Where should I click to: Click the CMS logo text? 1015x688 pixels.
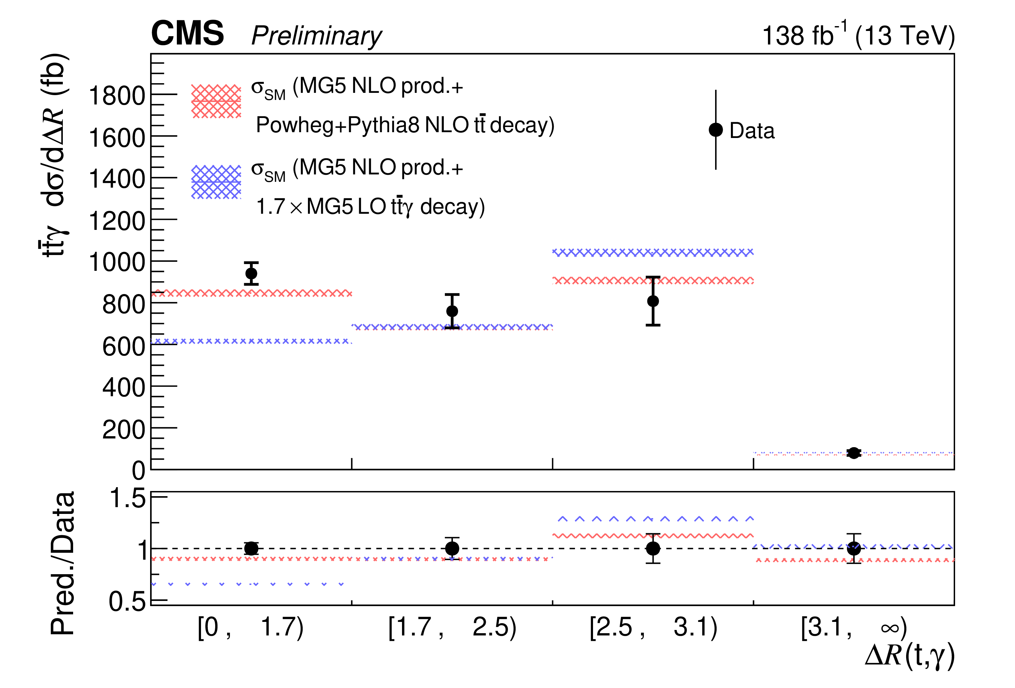187,33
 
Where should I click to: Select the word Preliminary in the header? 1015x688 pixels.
316,36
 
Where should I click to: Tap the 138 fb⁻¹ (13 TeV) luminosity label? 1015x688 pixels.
858,35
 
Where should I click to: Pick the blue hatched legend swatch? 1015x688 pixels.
216,182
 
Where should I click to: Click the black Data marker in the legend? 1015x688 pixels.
715,130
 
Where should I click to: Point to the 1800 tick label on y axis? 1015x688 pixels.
117,96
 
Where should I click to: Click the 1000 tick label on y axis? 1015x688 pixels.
117,263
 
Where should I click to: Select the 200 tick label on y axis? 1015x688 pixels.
124,430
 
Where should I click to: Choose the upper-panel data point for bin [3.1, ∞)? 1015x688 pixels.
853,453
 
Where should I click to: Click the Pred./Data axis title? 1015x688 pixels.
62,564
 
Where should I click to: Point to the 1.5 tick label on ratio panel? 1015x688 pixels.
127,498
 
